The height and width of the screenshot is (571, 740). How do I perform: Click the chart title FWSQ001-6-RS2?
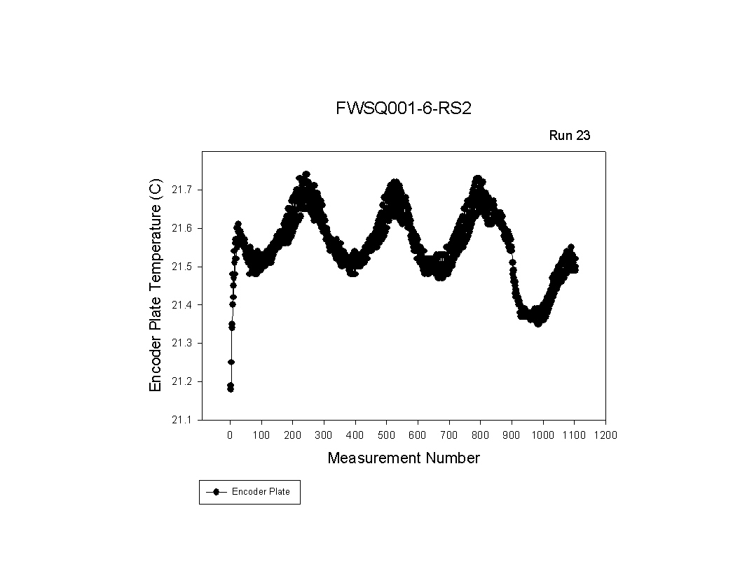tap(399, 109)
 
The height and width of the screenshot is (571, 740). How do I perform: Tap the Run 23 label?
tap(569, 136)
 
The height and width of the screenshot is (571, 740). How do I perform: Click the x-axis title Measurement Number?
tap(404, 458)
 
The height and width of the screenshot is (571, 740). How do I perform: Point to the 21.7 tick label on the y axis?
tap(182, 190)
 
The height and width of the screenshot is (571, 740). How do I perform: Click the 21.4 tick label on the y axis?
tap(182, 305)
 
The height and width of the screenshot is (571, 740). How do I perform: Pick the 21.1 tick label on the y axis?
tap(182, 420)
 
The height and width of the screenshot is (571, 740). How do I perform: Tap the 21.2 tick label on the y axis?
tap(182, 381)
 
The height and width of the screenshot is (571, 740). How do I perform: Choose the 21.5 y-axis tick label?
tap(182, 267)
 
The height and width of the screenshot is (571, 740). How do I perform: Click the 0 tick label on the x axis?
tap(230, 435)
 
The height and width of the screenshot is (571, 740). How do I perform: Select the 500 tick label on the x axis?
tap(386, 435)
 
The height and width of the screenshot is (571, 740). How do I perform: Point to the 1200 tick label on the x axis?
tap(605, 435)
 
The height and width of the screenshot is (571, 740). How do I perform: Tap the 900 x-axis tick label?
tap(512, 435)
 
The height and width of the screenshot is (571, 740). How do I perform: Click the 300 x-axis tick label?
tap(324, 435)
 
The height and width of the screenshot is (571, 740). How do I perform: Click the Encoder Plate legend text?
tap(261, 492)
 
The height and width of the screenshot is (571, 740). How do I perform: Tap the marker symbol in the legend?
tap(217, 492)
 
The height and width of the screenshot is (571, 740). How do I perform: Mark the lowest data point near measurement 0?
tap(231, 389)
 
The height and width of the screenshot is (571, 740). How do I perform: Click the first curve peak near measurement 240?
tap(306, 174)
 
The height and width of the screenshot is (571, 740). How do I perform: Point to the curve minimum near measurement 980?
tap(537, 323)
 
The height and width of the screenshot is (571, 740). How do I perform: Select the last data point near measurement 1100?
tap(575, 267)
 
